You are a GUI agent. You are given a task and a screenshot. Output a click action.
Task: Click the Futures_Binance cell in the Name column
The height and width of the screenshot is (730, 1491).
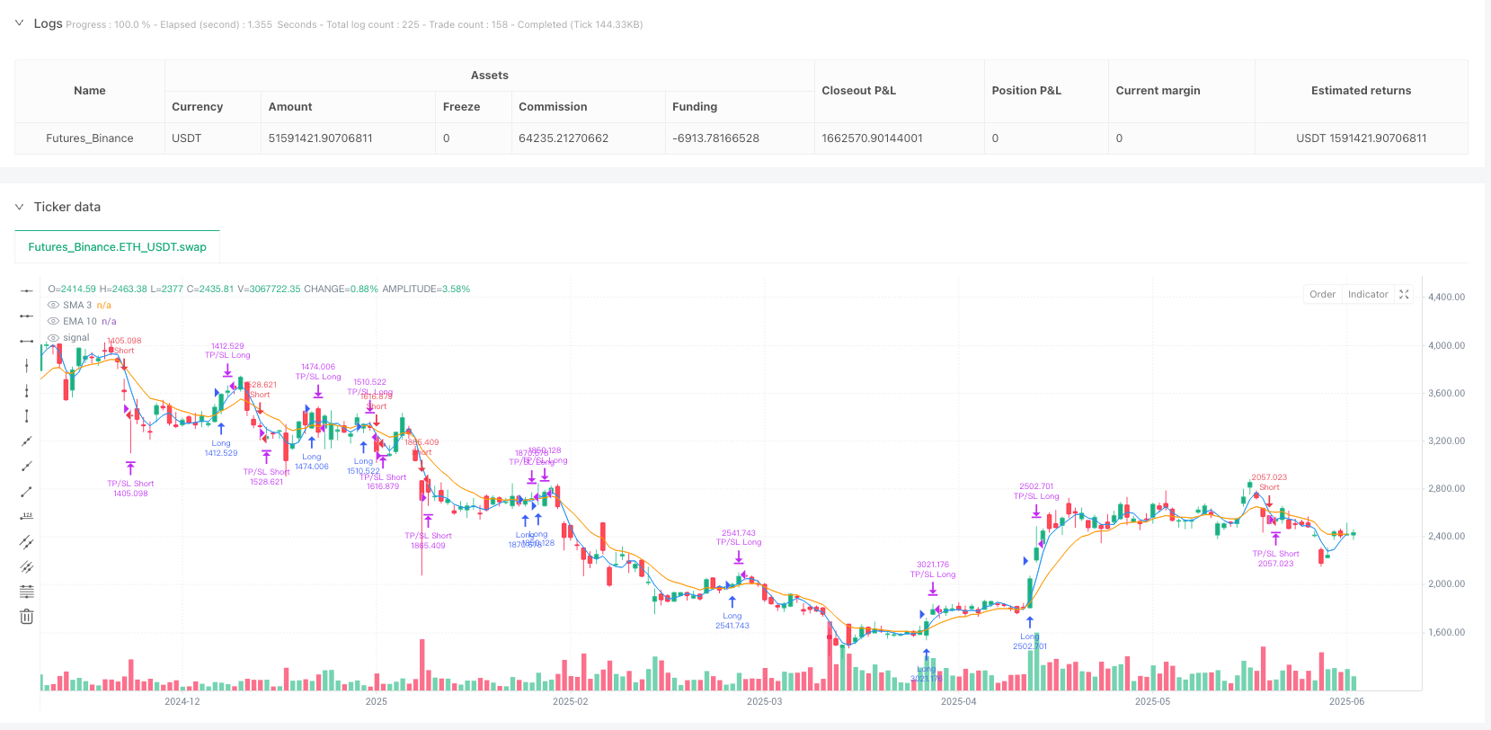[x=90, y=138]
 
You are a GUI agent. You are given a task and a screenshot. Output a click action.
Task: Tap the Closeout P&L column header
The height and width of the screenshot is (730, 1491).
[x=858, y=91]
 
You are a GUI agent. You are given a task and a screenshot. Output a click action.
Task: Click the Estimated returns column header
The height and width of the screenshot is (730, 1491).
[x=1361, y=91]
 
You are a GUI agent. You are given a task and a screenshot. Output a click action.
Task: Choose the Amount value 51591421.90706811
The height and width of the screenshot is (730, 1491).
[x=320, y=138]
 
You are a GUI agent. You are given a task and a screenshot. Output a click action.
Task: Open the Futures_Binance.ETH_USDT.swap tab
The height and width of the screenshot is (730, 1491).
[x=118, y=247]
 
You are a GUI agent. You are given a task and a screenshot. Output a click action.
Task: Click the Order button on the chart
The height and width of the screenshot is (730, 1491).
[x=1322, y=295]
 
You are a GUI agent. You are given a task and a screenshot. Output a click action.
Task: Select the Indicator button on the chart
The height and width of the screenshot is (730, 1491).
[x=1368, y=295]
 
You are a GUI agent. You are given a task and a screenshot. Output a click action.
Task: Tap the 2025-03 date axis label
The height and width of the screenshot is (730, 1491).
[x=764, y=701]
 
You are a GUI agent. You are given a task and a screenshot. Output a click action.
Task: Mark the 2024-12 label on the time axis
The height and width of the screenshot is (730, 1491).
[x=182, y=701]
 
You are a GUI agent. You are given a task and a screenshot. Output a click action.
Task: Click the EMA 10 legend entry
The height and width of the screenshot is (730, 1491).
[x=79, y=321]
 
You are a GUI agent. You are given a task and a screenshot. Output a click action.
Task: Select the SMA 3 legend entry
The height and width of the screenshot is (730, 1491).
[x=77, y=305]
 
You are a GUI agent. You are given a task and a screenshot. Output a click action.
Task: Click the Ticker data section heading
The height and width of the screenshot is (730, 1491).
[x=67, y=207]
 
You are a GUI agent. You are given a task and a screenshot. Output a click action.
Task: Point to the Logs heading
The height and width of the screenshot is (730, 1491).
[x=48, y=23]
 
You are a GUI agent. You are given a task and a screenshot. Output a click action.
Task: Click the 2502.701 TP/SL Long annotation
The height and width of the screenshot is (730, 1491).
[x=1036, y=491]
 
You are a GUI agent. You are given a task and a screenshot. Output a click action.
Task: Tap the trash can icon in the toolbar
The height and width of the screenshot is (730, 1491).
[x=27, y=617]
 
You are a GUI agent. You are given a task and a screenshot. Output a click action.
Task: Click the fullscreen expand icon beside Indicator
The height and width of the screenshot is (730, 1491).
[x=1404, y=295]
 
